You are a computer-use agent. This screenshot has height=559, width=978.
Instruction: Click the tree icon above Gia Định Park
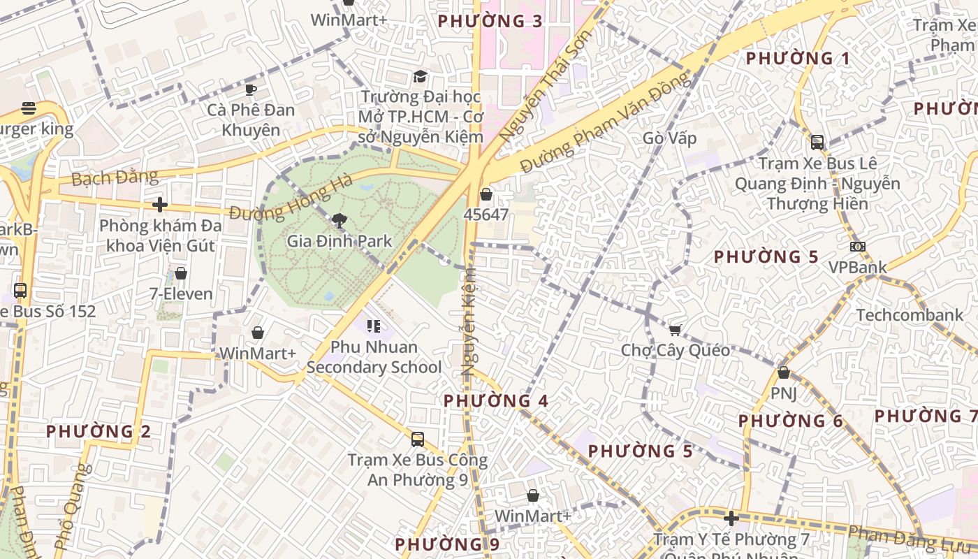pos(340,222)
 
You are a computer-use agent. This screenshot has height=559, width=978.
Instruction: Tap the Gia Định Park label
pos(340,242)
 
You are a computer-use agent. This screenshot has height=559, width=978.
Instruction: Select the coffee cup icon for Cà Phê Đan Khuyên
pos(251,89)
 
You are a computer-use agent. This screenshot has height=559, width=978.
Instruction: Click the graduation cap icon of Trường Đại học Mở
pos(420,76)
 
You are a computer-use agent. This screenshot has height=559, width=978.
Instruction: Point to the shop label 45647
pos(486,215)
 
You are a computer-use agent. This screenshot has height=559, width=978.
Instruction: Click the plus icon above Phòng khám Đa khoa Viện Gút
pos(160,205)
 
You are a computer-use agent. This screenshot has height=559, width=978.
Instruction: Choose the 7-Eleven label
pos(181,293)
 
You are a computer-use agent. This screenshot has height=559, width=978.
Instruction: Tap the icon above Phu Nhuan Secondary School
pos(374,326)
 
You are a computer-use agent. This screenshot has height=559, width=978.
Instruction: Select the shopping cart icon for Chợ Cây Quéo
pos(675,330)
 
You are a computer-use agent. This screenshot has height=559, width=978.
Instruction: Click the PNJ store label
pos(783,393)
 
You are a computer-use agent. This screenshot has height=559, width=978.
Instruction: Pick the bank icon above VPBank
pos(857,247)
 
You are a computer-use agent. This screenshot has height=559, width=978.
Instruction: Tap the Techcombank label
pos(910,315)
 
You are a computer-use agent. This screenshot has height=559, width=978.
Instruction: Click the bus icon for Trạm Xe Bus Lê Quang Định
pos(817,143)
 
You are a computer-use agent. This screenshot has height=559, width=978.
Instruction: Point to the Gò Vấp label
pos(670,138)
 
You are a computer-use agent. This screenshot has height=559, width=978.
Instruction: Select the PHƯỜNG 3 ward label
pos(490,21)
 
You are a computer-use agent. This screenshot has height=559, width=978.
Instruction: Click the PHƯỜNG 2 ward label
pos(98,431)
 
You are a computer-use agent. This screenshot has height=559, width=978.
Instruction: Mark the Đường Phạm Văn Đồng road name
pos(606,124)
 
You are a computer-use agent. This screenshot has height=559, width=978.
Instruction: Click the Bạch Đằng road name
pos(115,177)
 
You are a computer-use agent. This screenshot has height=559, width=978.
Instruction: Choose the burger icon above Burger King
pos(29,108)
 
